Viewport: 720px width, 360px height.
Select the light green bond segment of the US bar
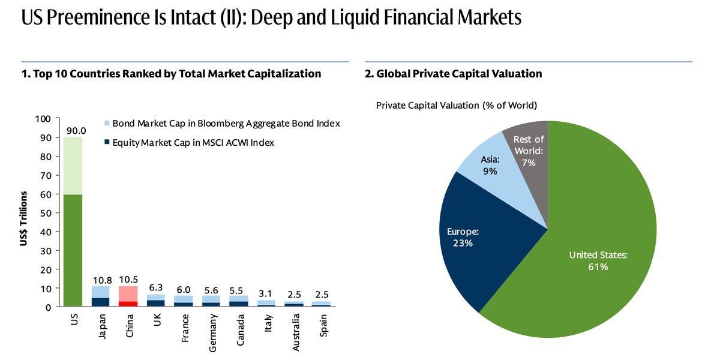(74, 166)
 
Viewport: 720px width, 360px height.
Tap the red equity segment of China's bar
(128, 304)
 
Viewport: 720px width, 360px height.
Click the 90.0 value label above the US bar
(76, 131)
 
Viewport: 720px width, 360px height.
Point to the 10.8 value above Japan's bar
(101, 280)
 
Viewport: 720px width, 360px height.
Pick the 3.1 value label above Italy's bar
(265, 294)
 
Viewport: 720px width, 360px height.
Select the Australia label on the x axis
(296, 335)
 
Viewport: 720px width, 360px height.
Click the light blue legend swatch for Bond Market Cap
(107, 124)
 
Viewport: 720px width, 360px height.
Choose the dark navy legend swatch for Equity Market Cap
(107, 143)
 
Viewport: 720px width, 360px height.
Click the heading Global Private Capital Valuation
(453, 74)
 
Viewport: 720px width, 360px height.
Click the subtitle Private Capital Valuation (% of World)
(456, 106)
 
